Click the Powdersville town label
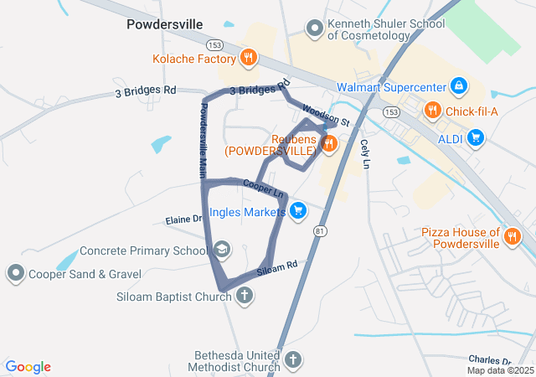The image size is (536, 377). pyautogui.click(x=164, y=24)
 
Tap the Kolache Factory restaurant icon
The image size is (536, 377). pyautogui.click(x=248, y=59)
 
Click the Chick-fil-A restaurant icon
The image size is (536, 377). pyautogui.click(x=432, y=110)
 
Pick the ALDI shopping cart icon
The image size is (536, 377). pyautogui.click(x=476, y=137)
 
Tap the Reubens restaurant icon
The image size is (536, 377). pyautogui.click(x=328, y=144)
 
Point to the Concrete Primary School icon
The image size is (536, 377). pyautogui.click(x=221, y=250)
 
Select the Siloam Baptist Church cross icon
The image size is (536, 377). pyautogui.click(x=244, y=295)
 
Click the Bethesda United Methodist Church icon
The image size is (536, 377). pyautogui.click(x=292, y=360)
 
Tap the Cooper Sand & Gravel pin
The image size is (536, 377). pyautogui.click(x=15, y=273)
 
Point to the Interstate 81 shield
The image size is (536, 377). pyautogui.click(x=320, y=230)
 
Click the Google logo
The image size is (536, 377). pyautogui.click(x=28, y=367)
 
